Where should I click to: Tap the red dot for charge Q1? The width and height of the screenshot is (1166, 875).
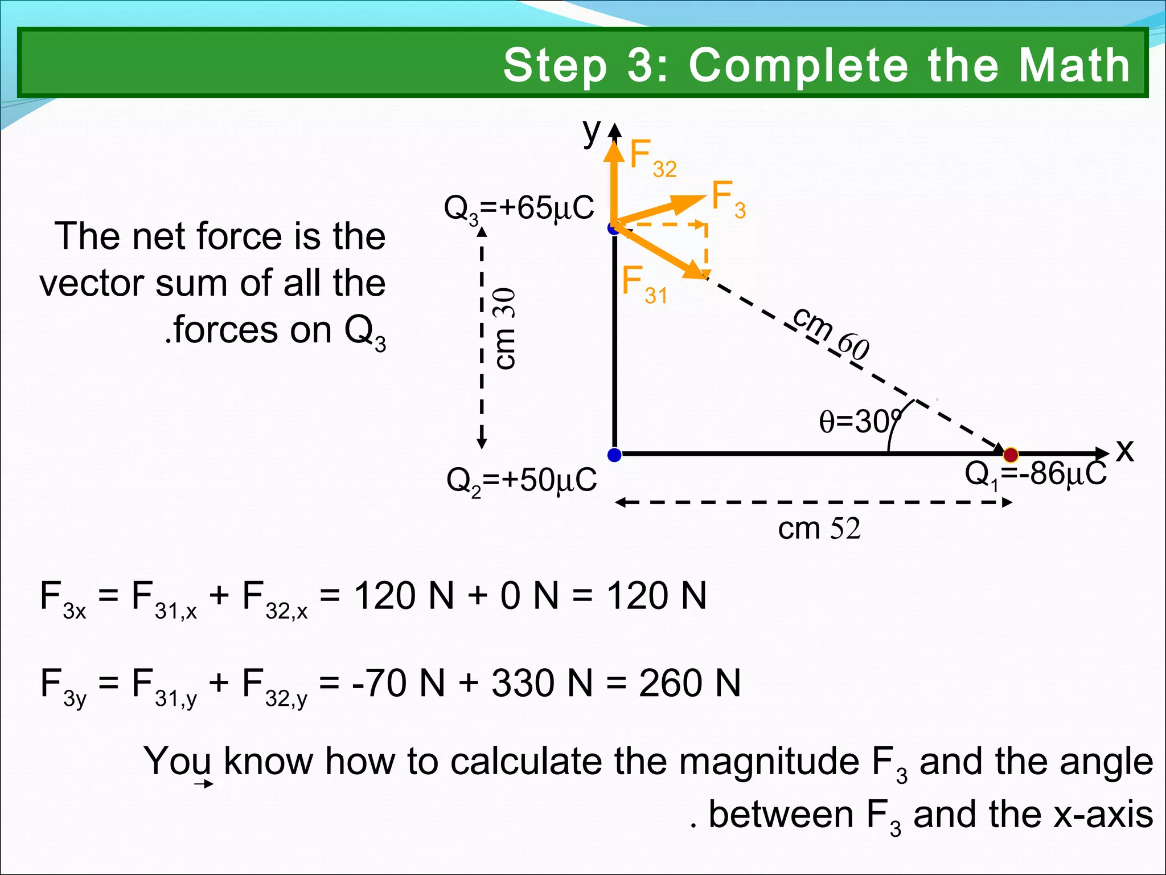(x=1011, y=455)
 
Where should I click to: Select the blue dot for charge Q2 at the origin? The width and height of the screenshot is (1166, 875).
(x=614, y=455)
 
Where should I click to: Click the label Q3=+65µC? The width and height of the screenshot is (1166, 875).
(x=519, y=208)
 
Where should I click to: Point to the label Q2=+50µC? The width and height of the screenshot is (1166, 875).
(x=522, y=480)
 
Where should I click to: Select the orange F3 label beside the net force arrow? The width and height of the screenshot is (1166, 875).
(x=728, y=199)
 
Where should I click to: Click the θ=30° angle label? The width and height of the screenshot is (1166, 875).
(x=860, y=422)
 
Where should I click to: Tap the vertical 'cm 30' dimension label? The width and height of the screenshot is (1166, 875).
(x=505, y=329)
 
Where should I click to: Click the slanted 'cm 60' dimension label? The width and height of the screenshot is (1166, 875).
(x=831, y=334)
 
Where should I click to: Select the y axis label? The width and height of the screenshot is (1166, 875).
(x=592, y=132)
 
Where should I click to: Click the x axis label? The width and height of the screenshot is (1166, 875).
(x=1125, y=450)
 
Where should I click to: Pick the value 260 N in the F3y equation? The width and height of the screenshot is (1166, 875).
(x=689, y=683)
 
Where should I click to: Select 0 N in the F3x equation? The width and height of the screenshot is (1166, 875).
(x=529, y=596)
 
